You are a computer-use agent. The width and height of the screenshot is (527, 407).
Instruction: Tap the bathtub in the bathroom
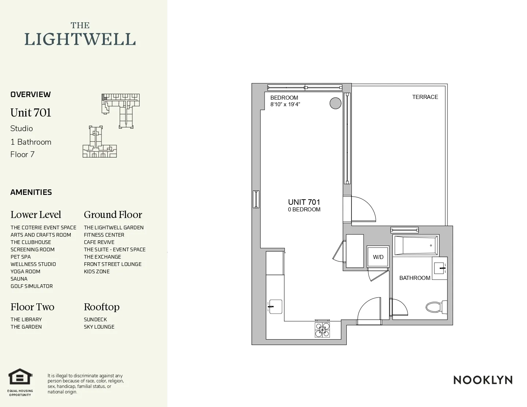coord(415,245)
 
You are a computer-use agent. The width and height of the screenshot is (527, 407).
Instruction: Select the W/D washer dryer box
coord(378,257)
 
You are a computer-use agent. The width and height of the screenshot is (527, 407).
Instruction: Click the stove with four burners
coord(322,329)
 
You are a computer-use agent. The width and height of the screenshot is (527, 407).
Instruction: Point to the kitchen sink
coord(275,307)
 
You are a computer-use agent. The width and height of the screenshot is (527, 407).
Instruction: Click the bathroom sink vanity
coord(439,268)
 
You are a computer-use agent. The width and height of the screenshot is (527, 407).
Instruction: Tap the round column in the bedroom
coord(335,103)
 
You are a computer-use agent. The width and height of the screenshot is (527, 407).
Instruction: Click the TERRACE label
coord(425,97)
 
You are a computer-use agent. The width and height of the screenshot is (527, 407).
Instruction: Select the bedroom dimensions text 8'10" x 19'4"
coord(285,104)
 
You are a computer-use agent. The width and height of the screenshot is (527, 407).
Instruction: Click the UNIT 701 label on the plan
coord(304,202)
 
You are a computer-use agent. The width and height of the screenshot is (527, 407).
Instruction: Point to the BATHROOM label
coord(414,278)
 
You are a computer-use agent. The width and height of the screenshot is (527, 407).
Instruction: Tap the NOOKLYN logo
coord(483,380)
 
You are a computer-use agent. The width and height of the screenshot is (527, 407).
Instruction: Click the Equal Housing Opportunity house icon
coord(21,377)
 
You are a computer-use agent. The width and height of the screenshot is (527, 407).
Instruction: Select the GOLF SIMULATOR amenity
coord(32,286)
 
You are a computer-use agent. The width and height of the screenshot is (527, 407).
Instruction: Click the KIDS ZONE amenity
coord(97,271)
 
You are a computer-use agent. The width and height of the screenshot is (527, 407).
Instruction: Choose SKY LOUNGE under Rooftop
coord(99,327)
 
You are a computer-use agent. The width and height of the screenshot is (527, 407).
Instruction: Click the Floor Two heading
coord(32,307)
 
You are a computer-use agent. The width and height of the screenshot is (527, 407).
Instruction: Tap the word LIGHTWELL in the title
coord(80,39)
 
